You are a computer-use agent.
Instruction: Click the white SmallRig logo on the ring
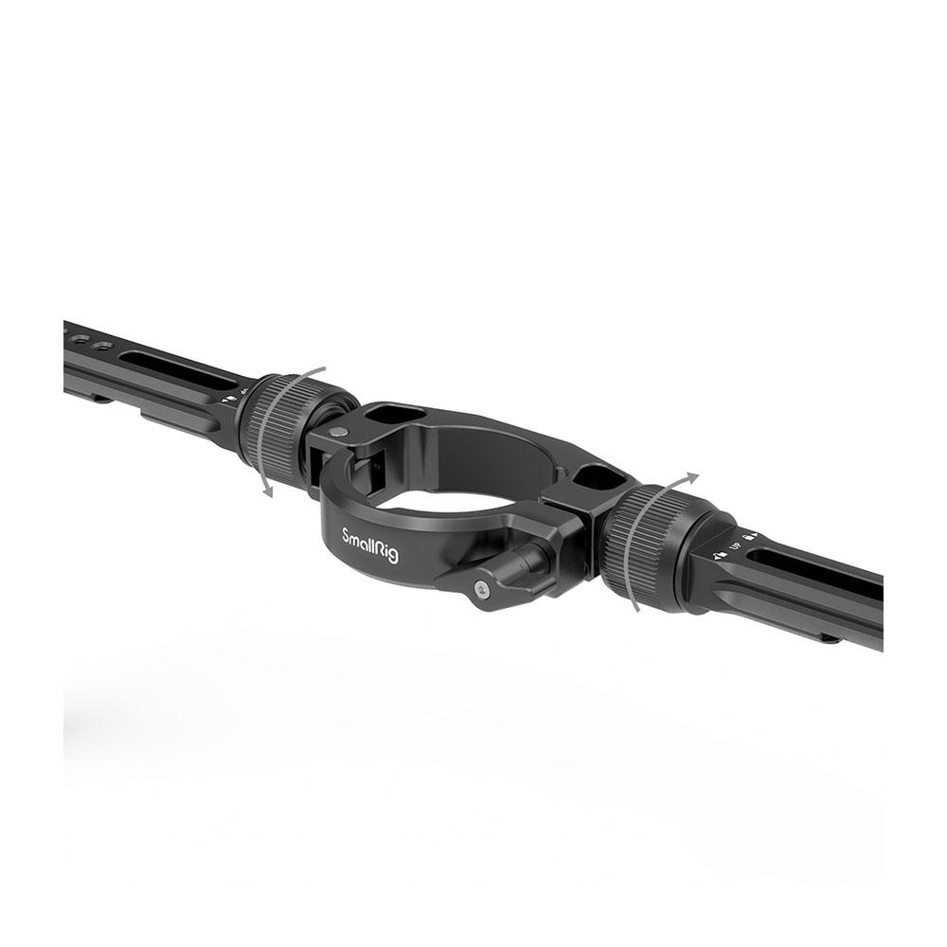369,546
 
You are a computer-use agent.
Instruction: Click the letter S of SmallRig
347,535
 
